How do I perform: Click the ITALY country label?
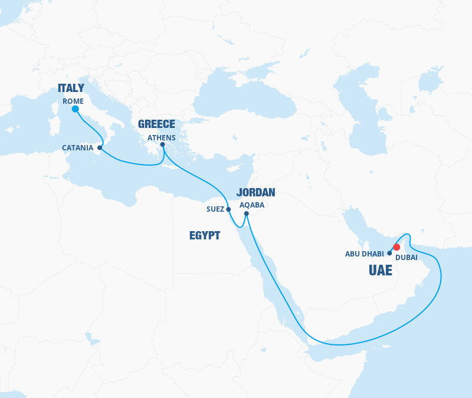(71, 88)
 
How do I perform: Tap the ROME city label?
(73, 101)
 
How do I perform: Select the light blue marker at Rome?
(75, 109)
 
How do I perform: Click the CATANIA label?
(77, 148)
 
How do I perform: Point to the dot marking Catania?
(100, 147)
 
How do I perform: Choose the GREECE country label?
(156, 124)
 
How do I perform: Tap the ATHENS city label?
(162, 137)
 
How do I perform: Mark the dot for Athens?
(163, 144)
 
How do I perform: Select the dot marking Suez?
(228, 209)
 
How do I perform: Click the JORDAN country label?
(255, 192)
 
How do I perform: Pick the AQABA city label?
(252, 205)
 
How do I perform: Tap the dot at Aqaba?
(247, 213)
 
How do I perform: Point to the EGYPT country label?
(205, 236)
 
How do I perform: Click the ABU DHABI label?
(364, 254)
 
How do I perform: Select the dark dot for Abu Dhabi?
(389, 253)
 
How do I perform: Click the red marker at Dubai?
(397, 247)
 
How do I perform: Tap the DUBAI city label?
(406, 258)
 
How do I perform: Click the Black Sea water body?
(248, 97)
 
